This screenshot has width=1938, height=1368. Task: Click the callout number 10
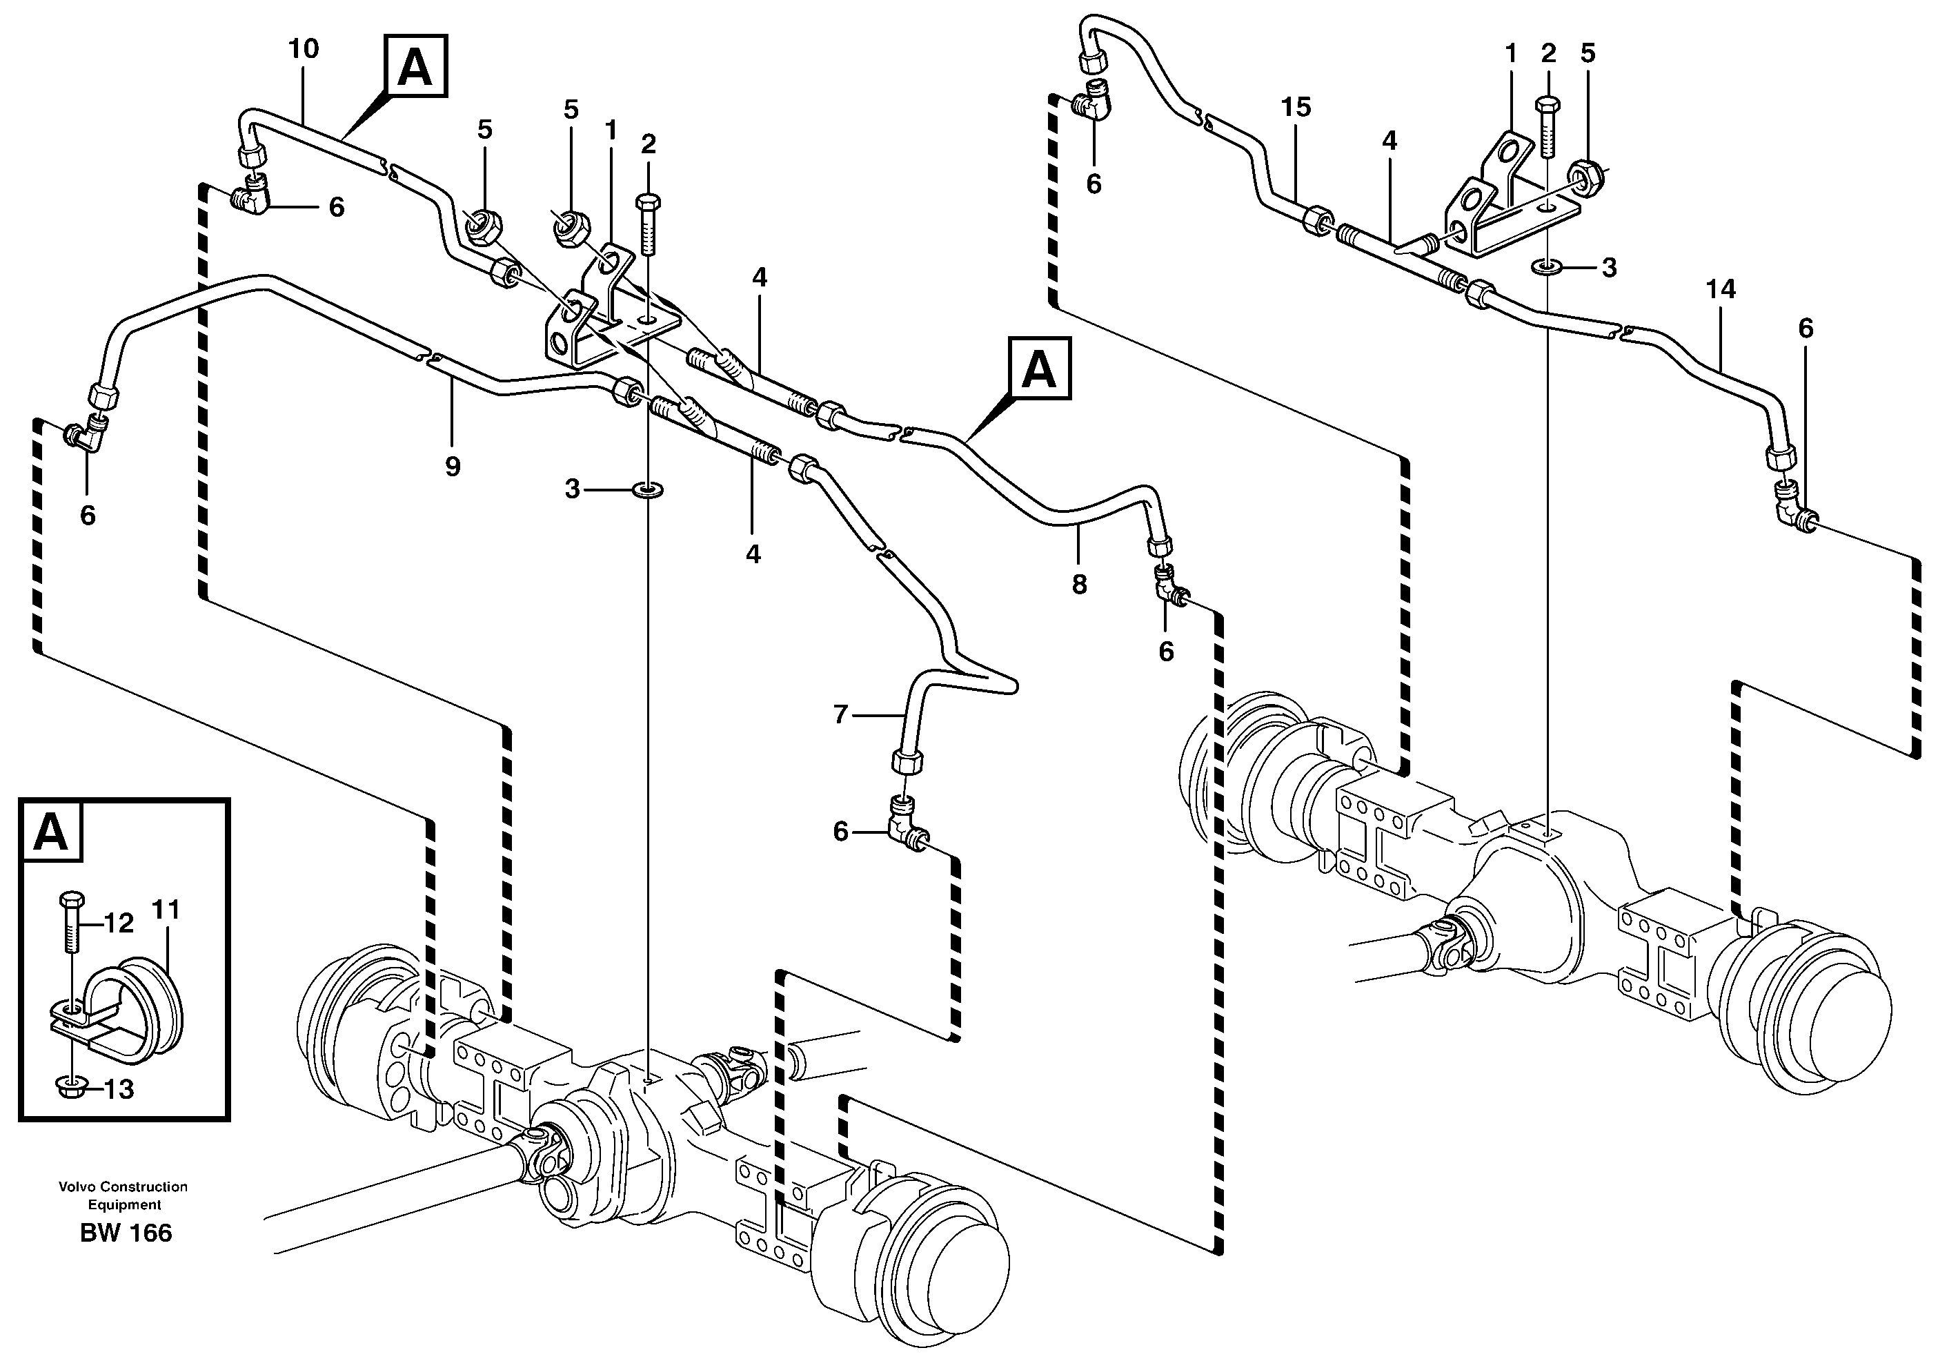(304, 49)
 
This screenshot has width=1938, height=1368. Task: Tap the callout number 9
(453, 465)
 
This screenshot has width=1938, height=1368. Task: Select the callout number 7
(840, 715)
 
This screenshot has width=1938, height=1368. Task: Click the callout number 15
(1296, 107)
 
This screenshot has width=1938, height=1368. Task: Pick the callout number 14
(1720, 290)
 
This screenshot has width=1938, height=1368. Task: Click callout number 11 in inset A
(166, 910)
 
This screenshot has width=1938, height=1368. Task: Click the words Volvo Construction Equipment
(123, 1195)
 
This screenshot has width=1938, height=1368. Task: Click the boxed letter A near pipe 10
(415, 65)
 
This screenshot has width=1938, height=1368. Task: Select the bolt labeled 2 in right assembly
(1548, 127)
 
